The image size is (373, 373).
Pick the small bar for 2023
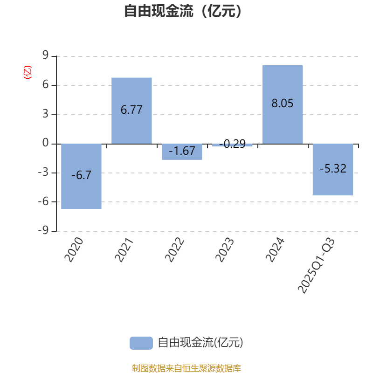coord(232,145)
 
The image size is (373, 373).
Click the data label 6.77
coord(131,110)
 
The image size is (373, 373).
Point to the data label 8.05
coord(283,104)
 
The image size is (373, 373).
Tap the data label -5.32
coord(333,169)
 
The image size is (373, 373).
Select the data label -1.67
coord(182,151)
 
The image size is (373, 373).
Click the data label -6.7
coord(81,175)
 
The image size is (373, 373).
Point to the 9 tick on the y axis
coord(46,56)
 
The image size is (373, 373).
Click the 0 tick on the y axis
coord(46,143)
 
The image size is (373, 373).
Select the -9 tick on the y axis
coord(43,231)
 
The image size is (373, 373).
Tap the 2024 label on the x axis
coord(276,249)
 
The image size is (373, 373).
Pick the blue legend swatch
coord(141,343)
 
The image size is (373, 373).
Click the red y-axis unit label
coord(27,72)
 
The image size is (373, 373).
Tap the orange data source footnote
coord(186,368)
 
